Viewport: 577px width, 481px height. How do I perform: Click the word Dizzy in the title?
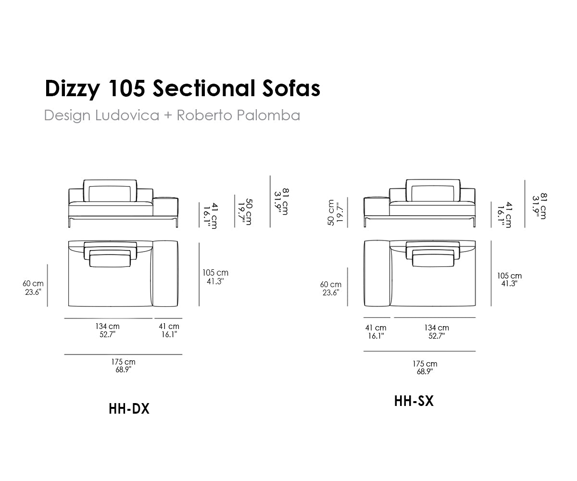(x=72, y=89)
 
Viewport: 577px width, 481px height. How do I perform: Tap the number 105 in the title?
(x=127, y=89)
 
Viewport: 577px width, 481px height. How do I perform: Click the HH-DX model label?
(x=129, y=408)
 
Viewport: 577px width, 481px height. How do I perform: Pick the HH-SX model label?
(x=414, y=401)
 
